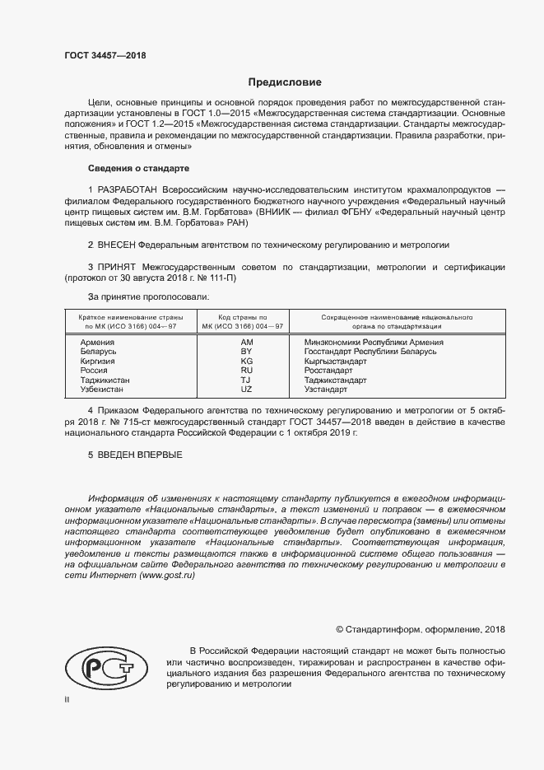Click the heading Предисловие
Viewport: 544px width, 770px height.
point(286,82)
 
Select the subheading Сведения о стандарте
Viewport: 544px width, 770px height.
point(138,168)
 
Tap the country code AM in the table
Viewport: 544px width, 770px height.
point(246,342)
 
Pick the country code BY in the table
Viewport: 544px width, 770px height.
point(246,352)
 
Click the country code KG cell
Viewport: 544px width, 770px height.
point(246,362)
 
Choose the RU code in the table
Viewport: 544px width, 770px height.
point(246,371)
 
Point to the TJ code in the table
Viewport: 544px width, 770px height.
point(246,380)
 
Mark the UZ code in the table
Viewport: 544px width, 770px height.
point(246,390)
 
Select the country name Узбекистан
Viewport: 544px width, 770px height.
point(104,390)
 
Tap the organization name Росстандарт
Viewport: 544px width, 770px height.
point(328,371)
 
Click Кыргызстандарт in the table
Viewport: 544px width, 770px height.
point(335,362)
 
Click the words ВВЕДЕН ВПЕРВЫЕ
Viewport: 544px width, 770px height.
point(141,455)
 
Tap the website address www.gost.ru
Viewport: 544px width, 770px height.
point(167,576)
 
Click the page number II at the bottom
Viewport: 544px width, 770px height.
point(67,700)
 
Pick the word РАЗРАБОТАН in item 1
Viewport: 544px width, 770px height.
point(128,189)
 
